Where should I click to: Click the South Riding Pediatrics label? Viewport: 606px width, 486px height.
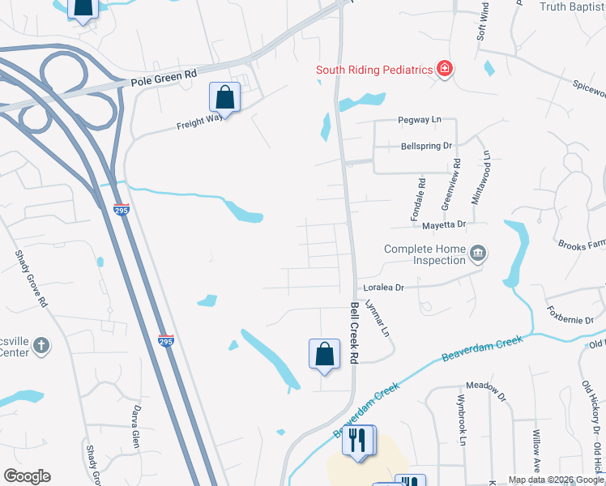373,69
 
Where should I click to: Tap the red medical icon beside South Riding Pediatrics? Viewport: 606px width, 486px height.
444,69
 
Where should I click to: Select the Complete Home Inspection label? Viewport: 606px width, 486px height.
425,254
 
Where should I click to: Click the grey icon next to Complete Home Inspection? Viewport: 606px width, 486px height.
478,254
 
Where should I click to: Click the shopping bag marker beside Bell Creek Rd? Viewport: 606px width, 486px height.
324,354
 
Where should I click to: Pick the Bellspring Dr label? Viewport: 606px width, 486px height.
425,147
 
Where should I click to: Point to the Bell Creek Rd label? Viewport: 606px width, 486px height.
354,332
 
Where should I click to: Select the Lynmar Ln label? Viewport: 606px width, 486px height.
378,320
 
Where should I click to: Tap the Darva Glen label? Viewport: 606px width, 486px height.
137,427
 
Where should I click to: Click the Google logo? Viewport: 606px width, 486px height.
27,476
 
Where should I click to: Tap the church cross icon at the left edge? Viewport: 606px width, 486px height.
41,347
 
